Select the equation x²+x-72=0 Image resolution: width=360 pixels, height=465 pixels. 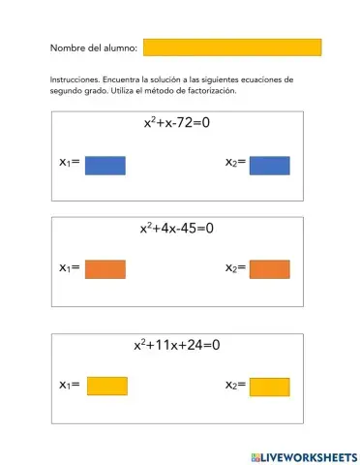[177, 125]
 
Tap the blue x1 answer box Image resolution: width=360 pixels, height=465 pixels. [105, 166]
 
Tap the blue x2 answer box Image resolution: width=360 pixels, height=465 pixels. [270, 166]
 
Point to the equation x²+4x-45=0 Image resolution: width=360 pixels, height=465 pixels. [176, 230]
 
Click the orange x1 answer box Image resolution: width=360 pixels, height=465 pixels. [105, 268]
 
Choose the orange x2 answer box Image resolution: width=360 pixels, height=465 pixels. [270, 268]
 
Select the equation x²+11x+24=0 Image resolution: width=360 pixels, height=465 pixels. [177, 345]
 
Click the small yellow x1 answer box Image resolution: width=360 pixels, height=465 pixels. [106, 386]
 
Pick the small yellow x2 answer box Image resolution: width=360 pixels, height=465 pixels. [270, 386]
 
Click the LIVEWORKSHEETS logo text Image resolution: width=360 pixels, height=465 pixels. [308, 456]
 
